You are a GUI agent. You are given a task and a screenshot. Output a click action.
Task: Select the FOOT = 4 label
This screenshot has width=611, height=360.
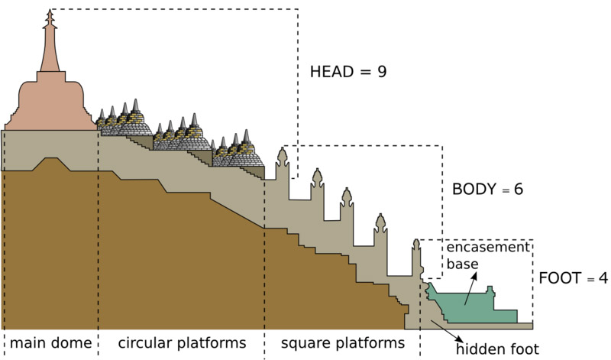coord(573,278)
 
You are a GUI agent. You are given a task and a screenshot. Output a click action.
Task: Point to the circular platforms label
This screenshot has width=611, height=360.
coord(182,342)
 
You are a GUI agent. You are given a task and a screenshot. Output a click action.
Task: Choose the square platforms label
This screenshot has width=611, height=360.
coord(341,342)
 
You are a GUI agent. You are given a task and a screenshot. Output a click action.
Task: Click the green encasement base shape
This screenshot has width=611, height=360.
coord(474,308)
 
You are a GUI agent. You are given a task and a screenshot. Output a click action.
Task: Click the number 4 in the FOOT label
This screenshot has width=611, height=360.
coord(603,278)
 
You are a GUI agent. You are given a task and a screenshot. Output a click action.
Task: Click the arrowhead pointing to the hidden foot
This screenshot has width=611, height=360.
coord(457,339)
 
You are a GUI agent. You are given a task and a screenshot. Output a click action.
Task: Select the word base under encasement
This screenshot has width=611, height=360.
coord(463,264)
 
